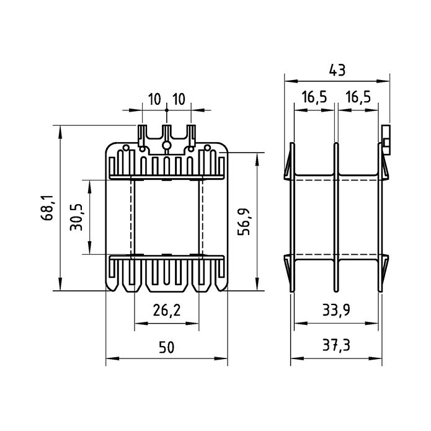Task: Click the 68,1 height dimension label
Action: (47, 208)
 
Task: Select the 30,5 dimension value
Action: (76, 217)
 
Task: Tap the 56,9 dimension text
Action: (244, 221)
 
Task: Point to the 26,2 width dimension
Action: (167, 311)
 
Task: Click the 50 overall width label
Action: (167, 347)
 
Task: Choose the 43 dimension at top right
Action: (337, 70)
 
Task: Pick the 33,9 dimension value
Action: (336, 310)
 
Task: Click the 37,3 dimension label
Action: (336, 345)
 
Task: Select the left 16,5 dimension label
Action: (314, 97)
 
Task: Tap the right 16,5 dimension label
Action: (358, 97)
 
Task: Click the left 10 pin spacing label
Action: (154, 99)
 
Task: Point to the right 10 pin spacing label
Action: (179, 99)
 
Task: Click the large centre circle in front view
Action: (166, 145)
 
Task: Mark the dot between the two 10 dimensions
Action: (167, 110)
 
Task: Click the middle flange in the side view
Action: (336, 217)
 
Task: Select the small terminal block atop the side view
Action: (386, 140)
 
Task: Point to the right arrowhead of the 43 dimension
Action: (383, 81)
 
